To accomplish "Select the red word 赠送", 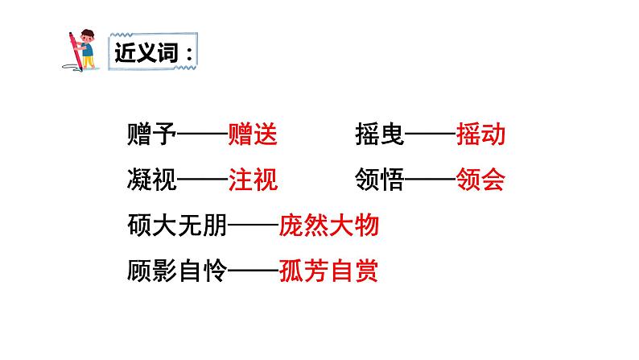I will (x=253, y=134).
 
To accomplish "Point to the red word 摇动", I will (x=480, y=134).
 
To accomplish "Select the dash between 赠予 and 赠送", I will (x=202, y=134).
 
